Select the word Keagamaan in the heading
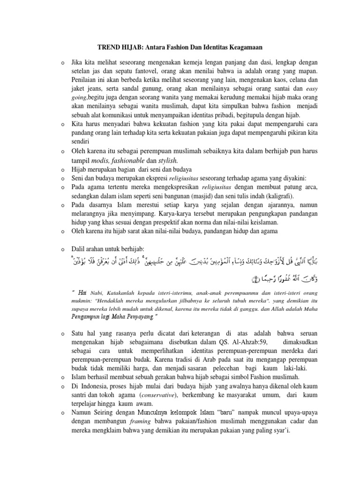(x=240, y=47)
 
